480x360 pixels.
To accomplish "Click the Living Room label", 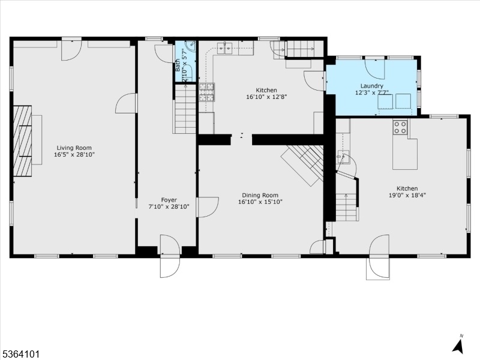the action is click(x=74, y=148).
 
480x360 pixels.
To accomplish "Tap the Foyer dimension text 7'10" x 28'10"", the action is click(x=169, y=207).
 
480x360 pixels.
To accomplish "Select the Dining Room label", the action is click(x=260, y=196).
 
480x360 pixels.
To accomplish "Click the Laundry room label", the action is click(x=371, y=86).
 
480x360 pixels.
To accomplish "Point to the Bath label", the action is click(x=178, y=65).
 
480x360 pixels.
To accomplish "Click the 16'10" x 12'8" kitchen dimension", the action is click(x=266, y=97).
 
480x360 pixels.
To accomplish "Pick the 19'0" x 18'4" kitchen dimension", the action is click(x=407, y=195).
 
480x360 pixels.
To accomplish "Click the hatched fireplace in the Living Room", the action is click(x=23, y=141).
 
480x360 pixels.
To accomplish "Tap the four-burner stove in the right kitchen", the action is click(x=400, y=127).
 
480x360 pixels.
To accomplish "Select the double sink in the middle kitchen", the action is click(x=224, y=49).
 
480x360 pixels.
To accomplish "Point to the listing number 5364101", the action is click(x=20, y=354).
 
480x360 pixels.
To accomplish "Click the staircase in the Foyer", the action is click(x=185, y=109).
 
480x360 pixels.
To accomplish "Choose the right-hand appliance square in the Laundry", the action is click(x=403, y=101).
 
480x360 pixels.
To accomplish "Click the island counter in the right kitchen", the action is click(x=404, y=152).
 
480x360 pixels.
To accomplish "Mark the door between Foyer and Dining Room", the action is click(x=208, y=207).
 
